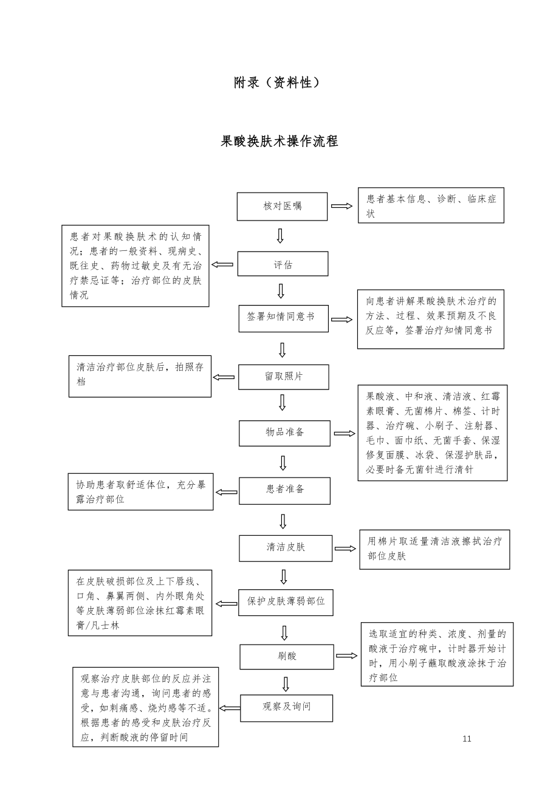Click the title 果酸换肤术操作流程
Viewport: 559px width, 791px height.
click(279, 142)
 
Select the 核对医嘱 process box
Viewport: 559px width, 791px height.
click(282, 207)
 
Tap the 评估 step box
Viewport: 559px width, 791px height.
click(283, 264)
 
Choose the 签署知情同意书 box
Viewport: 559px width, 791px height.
click(283, 318)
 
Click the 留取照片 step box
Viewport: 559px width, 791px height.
click(283, 377)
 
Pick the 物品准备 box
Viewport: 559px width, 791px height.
click(284, 433)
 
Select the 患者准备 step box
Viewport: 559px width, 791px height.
click(284, 490)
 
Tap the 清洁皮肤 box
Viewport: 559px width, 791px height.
click(286, 548)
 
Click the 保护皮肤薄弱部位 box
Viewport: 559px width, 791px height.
click(286, 602)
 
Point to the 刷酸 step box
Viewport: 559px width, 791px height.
click(286, 657)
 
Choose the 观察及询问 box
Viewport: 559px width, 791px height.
click(286, 708)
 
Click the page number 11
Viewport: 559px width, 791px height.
click(467, 739)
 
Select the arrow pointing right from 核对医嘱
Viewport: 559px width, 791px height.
click(341, 206)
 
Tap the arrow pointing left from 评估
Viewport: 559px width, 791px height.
click(222, 264)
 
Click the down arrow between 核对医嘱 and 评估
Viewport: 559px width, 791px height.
click(280, 236)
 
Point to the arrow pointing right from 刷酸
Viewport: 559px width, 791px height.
click(346, 656)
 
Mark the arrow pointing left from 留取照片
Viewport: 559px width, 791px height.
click(224, 377)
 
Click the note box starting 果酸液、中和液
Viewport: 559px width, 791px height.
click(432, 433)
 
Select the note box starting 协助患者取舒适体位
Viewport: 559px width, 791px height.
click(140, 491)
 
